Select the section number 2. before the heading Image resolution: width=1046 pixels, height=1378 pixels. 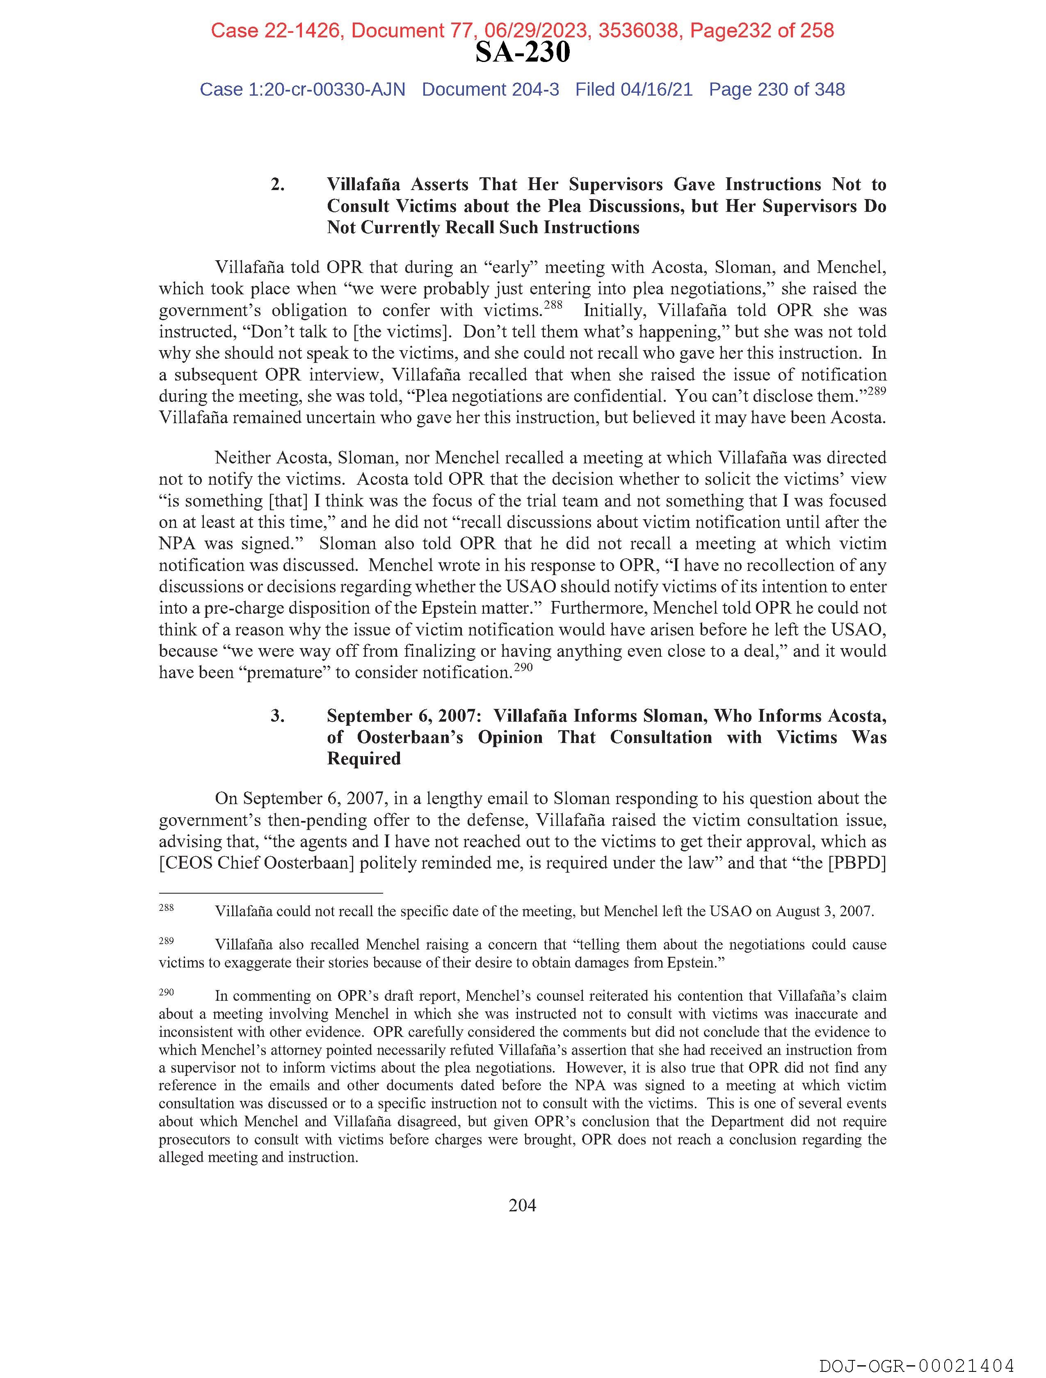[278, 185]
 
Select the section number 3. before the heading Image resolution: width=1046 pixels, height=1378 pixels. [278, 716]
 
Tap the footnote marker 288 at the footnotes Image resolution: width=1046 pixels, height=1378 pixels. [166, 907]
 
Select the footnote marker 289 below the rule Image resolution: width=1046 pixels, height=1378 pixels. [166, 941]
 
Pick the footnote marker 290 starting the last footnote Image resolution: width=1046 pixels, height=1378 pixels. [166, 992]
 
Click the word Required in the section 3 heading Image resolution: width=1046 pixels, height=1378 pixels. [363, 759]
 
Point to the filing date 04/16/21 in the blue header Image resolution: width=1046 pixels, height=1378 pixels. [656, 90]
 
